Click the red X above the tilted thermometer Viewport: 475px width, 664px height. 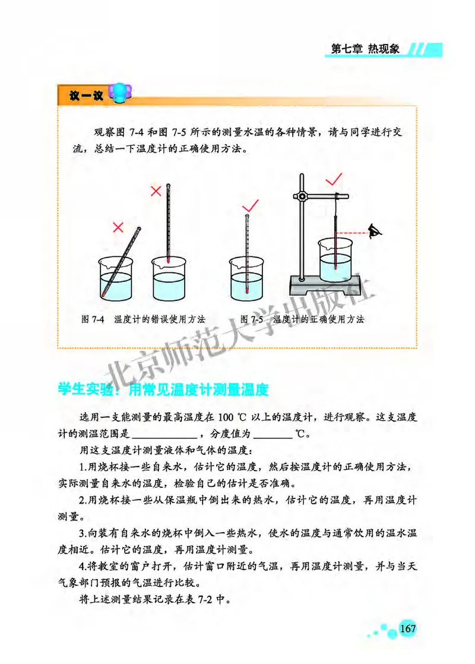(118, 226)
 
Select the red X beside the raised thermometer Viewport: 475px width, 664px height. (156, 191)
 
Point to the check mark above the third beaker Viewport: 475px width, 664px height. (252, 205)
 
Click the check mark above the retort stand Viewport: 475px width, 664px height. (333, 178)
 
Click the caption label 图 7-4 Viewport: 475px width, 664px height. (93, 319)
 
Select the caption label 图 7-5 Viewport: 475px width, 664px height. (252, 319)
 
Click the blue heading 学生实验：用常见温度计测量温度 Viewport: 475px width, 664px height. (163, 390)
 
